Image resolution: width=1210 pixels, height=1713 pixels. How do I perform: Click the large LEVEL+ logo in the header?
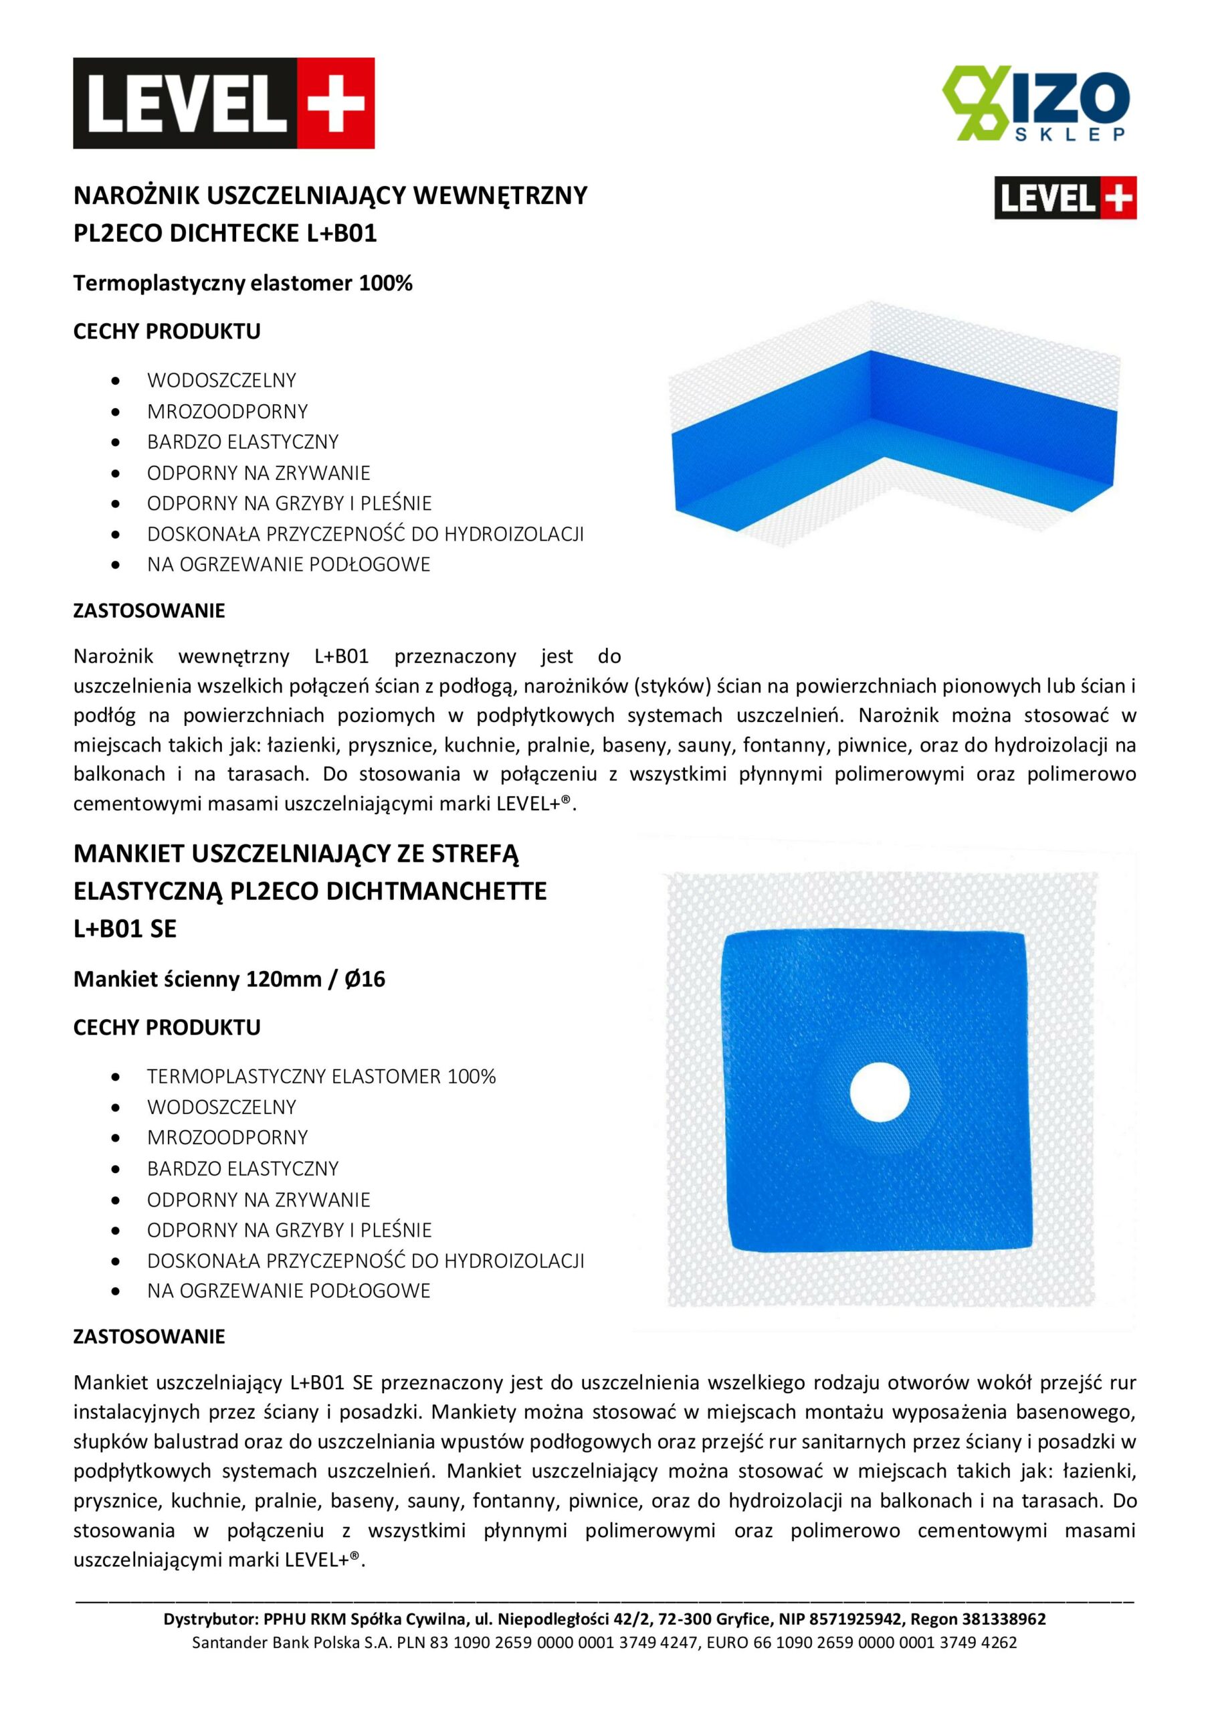pyautogui.click(x=224, y=104)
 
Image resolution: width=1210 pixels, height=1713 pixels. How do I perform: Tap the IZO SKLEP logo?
pyautogui.click(x=1037, y=104)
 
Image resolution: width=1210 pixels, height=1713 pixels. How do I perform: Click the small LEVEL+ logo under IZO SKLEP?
pyautogui.click(x=1065, y=197)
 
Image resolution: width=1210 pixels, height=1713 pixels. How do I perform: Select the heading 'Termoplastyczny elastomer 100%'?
pyautogui.click(x=242, y=284)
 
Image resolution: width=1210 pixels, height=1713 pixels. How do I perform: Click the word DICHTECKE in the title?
pyautogui.click(x=237, y=234)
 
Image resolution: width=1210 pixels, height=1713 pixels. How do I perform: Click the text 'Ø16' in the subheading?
pyautogui.click(x=365, y=979)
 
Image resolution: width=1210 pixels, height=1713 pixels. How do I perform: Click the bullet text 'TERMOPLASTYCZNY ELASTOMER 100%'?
pyautogui.click(x=321, y=1076)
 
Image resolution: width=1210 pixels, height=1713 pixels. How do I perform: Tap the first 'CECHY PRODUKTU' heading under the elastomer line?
pyautogui.click(x=167, y=331)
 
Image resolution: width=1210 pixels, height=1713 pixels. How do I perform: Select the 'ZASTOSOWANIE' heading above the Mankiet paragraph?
pyautogui.click(x=149, y=1336)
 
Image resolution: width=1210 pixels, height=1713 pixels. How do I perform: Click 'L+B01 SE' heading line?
pyautogui.click(x=124, y=928)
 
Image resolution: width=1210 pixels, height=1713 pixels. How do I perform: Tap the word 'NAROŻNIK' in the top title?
pyautogui.click(x=136, y=195)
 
